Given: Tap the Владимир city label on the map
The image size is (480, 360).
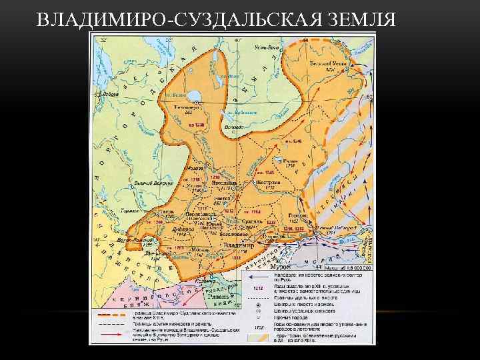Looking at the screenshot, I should tap(239, 245).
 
